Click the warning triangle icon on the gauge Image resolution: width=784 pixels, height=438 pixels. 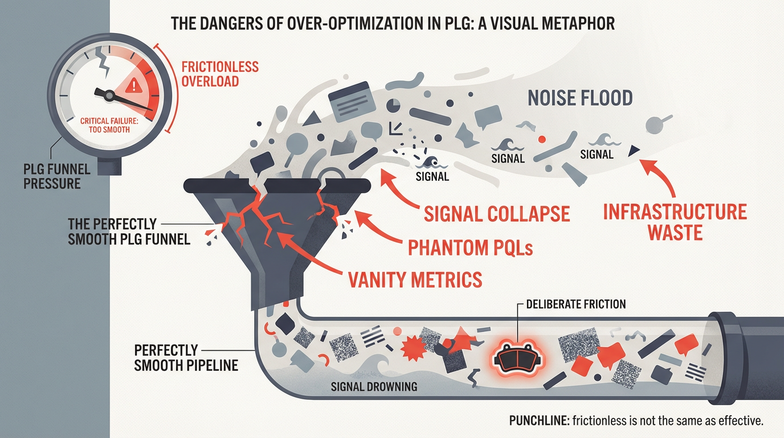pyautogui.click(x=134, y=86)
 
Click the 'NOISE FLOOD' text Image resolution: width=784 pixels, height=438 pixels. pyautogui.click(x=579, y=98)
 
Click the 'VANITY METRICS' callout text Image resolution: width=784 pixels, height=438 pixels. pyautogui.click(x=414, y=279)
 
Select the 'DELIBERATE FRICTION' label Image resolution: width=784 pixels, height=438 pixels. pyautogui.click(x=576, y=304)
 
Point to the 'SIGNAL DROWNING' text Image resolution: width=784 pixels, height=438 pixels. pyautogui.click(x=374, y=387)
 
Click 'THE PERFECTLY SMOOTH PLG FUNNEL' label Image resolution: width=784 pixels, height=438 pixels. pyautogui.click(x=129, y=230)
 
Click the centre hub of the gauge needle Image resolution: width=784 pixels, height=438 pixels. pyautogui.click(x=100, y=91)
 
